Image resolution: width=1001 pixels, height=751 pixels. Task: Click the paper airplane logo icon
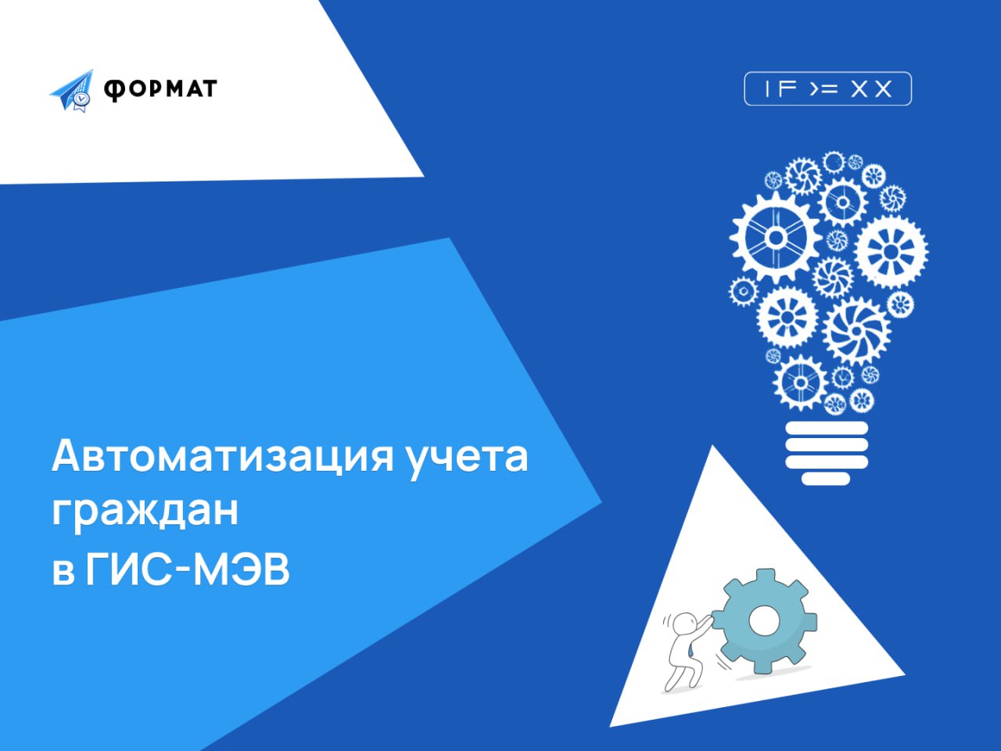pyautogui.click(x=72, y=91)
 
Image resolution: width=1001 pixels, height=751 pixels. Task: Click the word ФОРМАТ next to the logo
pyautogui.click(x=160, y=89)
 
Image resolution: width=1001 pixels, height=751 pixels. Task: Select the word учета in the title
pyautogui.click(x=468, y=460)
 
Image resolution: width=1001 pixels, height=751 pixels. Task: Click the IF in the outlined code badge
pyautogui.click(x=780, y=89)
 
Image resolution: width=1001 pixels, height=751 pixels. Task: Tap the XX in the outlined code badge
pyautogui.click(x=871, y=89)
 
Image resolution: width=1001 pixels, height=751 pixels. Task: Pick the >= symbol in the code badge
pyautogui.click(x=824, y=89)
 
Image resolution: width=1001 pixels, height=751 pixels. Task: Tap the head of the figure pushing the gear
pyautogui.click(x=684, y=623)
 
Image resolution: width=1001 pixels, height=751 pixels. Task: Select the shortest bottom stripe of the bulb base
pyautogui.click(x=826, y=478)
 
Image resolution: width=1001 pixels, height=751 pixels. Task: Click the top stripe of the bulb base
pyautogui.click(x=827, y=428)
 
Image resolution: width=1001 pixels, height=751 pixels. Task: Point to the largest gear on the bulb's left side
pyautogui.click(x=776, y=237)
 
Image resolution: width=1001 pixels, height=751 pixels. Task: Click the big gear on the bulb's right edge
pyautogui.click(x=891, y=252)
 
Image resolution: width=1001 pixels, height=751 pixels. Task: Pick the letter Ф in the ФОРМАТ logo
pyautogui.click(x=113, y=90)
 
